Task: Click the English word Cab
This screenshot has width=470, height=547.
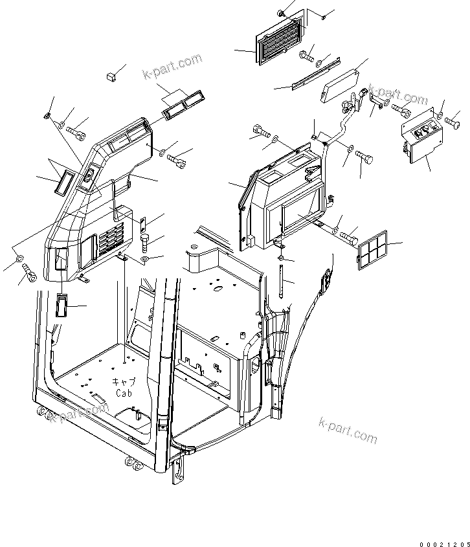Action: [124, 393]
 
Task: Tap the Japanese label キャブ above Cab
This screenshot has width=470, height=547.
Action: [124, 383]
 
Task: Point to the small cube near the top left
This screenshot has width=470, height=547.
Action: [111, 77]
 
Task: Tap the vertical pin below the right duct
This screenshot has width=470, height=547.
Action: [283, 278]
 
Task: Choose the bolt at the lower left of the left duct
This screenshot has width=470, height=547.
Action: [28, 272]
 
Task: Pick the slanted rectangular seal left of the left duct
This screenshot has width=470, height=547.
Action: [63, 182]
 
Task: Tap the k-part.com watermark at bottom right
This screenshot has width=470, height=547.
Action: [348, 430]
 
